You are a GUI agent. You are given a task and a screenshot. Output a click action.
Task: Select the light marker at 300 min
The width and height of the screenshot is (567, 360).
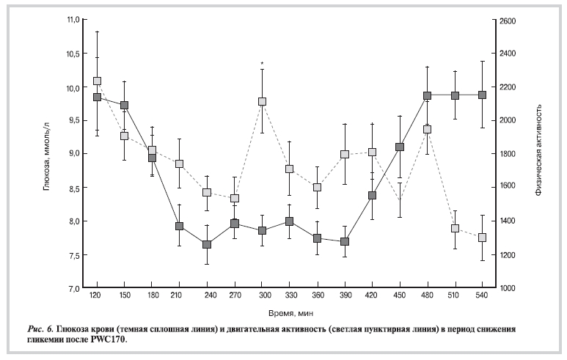[x=262, y=102]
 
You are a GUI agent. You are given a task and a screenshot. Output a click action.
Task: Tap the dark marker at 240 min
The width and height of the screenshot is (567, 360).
[x=207, y=244]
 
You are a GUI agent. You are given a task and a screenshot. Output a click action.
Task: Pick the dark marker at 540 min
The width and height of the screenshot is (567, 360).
[x=482, y=95]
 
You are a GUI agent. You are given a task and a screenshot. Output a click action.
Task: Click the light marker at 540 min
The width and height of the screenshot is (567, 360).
[x=482, y=238]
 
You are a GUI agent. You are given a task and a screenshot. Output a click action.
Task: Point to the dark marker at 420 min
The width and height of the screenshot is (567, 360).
[x=372, y=196]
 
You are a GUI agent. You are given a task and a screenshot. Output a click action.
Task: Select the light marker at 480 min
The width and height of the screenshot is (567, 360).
[x=427, y=129]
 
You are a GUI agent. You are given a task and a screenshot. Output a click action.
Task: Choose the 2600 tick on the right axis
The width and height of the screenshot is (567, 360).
[x=508, y=20]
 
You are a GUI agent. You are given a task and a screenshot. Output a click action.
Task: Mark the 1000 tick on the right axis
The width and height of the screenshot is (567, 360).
[x=508, y=288]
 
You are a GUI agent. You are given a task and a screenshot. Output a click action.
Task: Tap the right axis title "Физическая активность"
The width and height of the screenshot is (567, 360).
[x=538, y=154]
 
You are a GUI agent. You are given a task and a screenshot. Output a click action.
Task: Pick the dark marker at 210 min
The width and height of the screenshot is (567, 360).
[x=179, y=227]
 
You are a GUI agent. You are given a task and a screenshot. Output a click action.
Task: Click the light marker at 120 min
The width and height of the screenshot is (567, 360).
[x=97, y=81]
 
